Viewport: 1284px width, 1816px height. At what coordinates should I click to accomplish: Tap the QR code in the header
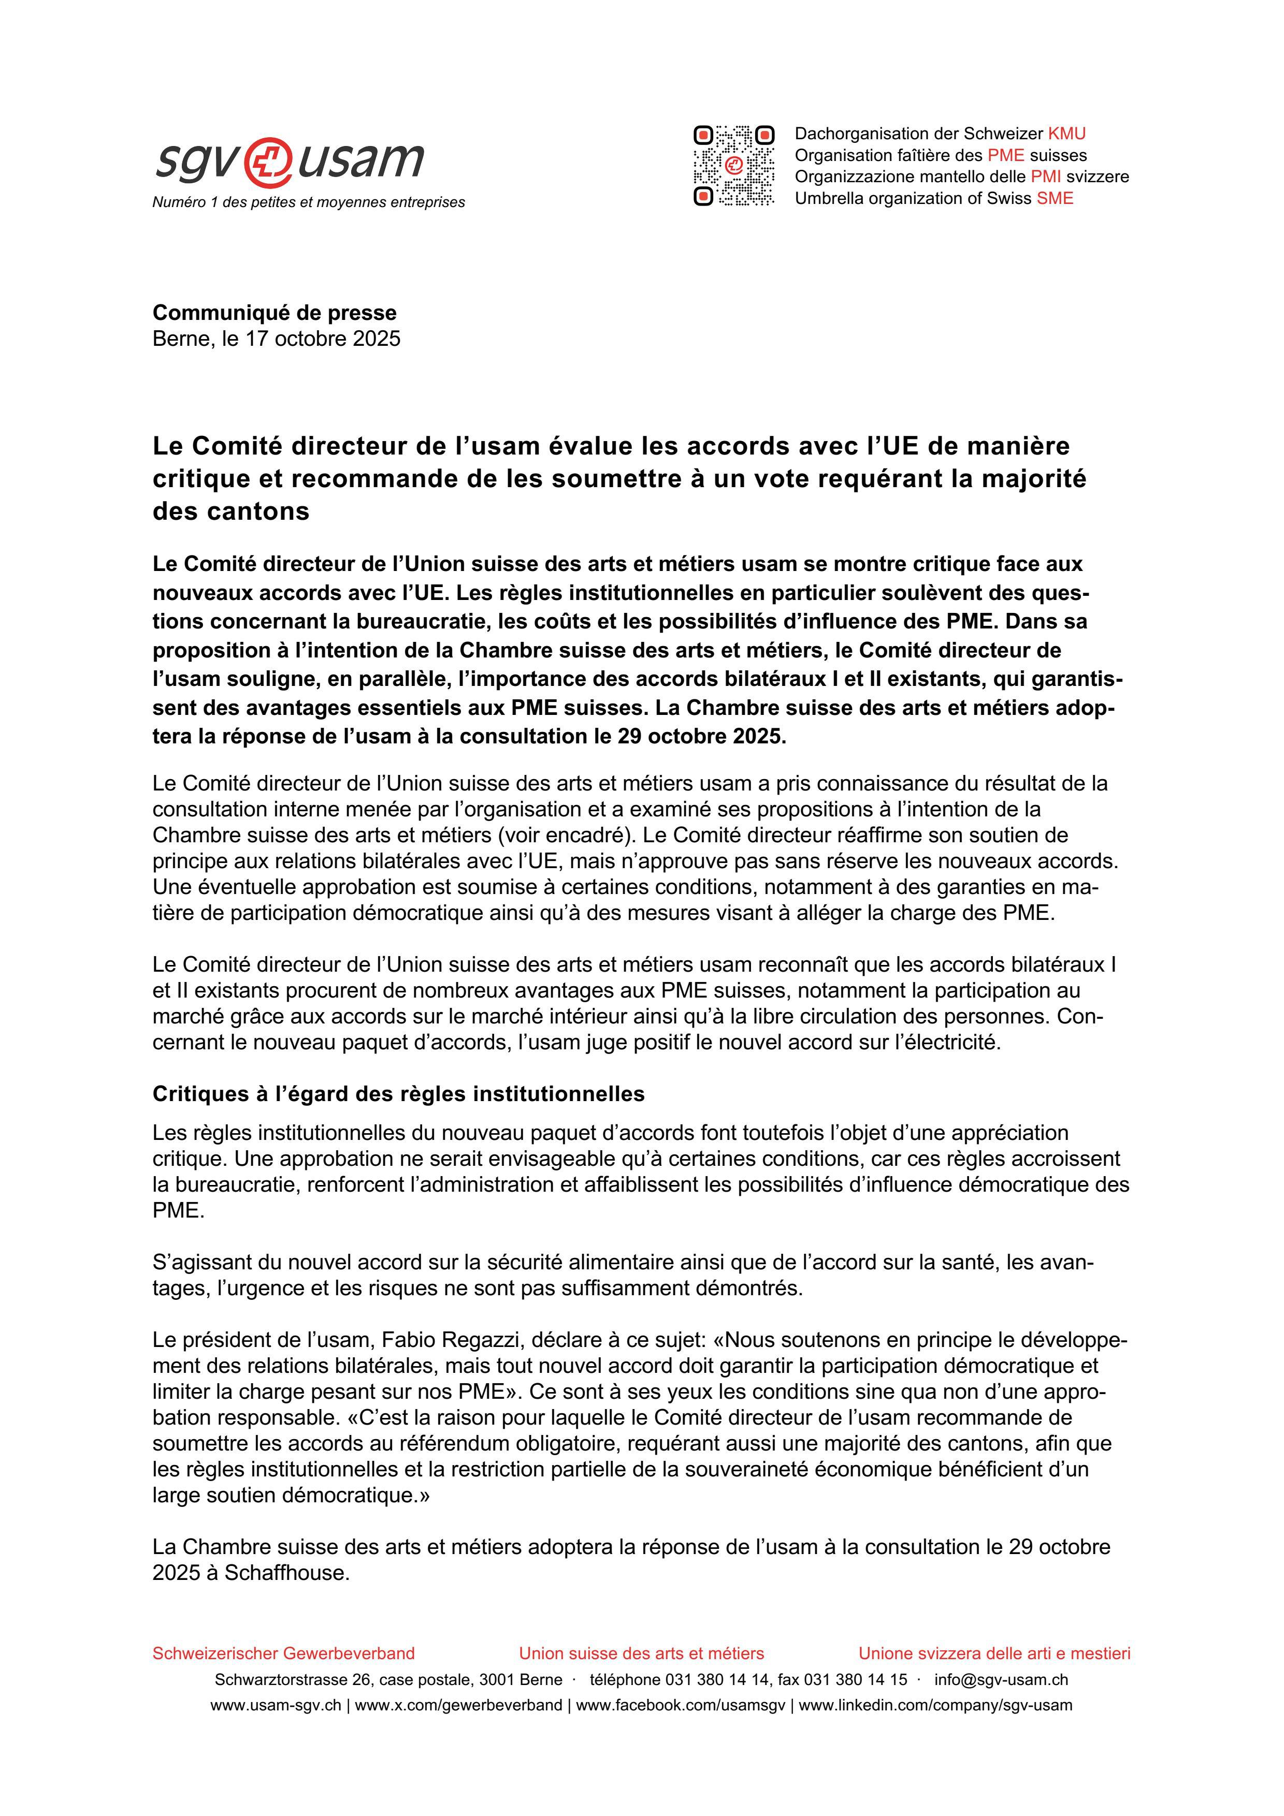coord(733,166)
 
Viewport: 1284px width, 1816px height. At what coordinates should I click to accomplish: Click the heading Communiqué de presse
coord(275,313)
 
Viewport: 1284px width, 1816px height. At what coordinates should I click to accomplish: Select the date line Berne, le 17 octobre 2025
coord(276,339)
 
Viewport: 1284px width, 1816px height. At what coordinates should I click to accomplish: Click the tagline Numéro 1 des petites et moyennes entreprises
coord(309,202)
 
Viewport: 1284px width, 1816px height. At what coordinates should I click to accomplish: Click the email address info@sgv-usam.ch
coord(1001,1680)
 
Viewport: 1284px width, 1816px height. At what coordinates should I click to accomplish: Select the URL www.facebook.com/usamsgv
coord(681,1705)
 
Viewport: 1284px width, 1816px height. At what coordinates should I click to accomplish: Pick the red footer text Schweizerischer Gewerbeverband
coord(283,1653)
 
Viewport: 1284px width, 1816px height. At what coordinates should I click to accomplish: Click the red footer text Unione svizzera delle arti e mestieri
coord(994,1653)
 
